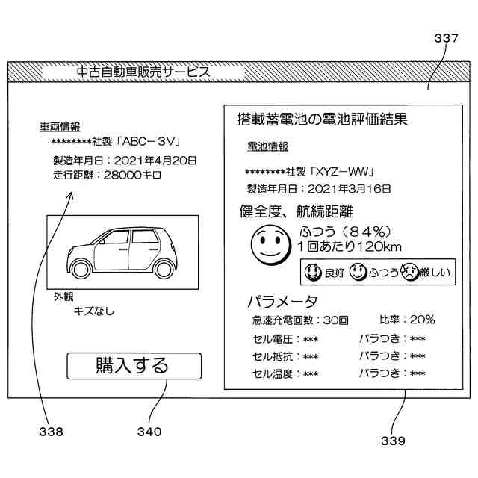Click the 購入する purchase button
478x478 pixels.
point(134,366)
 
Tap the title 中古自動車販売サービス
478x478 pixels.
point(143,72)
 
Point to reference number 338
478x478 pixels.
point(52,431)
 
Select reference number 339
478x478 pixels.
point(391,440)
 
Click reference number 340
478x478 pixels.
point(149,431)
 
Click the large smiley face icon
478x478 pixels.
point(268,246)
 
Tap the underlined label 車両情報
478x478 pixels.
point(60,127)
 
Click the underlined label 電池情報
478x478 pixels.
point(267,146)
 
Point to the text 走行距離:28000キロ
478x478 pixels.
point(107,175)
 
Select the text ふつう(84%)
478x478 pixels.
point(344,231)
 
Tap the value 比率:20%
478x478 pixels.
point(407,320)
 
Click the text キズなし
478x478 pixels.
point(94,311)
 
